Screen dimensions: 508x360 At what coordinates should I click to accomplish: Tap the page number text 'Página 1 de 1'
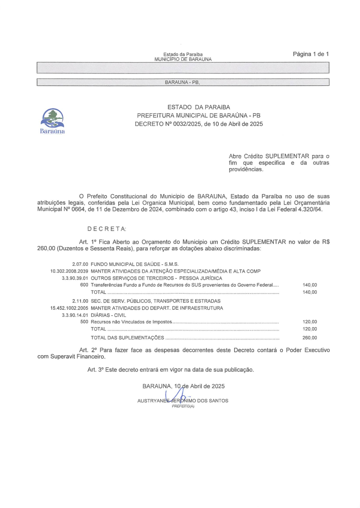coord(310,54)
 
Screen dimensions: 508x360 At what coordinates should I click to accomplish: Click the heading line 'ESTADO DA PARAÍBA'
coord(199,107)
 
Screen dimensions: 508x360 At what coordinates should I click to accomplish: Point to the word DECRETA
coord(107,228)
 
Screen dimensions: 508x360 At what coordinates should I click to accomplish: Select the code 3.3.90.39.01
coord(74,278)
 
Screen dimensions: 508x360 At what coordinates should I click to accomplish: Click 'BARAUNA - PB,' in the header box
coord(182,82)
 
